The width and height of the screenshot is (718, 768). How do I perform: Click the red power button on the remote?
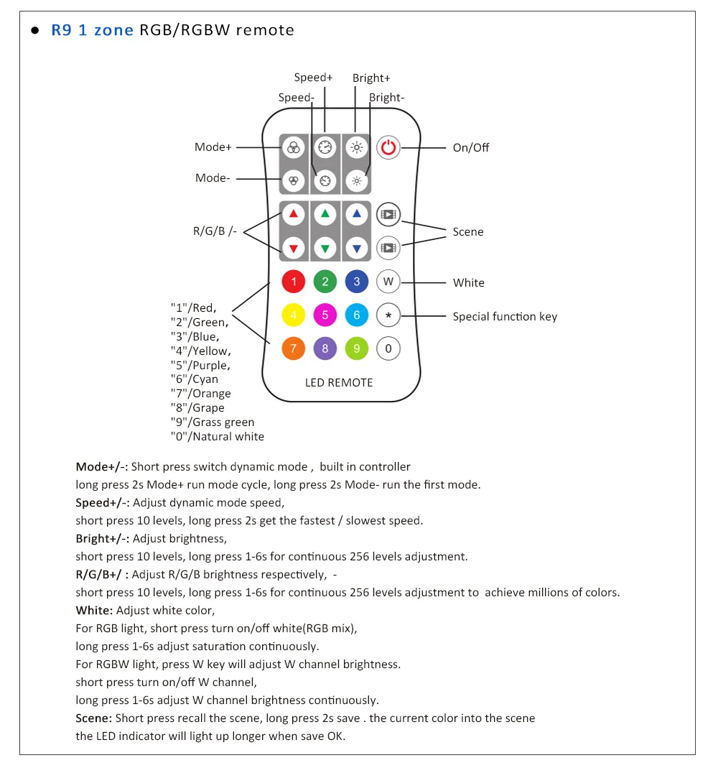[388, 148]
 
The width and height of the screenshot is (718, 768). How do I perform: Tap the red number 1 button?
[294, 282]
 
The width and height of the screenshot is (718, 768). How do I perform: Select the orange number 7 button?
[294, 349]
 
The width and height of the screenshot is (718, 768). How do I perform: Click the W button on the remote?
[388, 282]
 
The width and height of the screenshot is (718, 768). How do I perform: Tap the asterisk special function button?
[388, 315]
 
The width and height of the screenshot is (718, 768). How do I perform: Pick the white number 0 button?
[388, 349]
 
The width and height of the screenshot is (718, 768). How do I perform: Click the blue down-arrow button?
[357, 249]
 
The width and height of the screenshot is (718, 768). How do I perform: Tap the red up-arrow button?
[294, 214]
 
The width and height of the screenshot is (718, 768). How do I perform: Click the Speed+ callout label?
[314, 78]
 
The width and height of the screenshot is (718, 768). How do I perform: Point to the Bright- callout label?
[387, 98]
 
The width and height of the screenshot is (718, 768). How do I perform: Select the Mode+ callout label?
[213, 147]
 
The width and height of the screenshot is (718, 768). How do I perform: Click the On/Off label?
[471, 148]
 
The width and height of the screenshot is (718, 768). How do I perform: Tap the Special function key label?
[505, 317]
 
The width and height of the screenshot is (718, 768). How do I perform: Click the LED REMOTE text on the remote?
[339, 383]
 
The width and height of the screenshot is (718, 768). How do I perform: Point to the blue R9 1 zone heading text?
[93, 31]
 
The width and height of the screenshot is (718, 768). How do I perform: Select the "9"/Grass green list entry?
[213, 422]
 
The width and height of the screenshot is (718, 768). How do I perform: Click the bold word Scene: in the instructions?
[93, 718]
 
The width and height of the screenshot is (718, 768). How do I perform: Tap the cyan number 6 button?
[357, 315]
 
